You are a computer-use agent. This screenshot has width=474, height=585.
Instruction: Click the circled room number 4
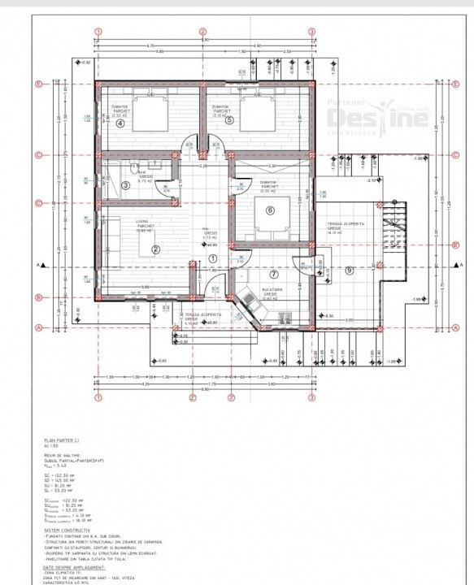click(x=120, y=123)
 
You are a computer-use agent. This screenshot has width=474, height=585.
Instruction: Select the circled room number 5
click(x=230, y=121)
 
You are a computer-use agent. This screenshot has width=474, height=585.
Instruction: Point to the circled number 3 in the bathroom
click(x=124, y=185)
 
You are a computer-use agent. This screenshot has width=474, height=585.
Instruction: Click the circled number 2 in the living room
click(x=155, y=249)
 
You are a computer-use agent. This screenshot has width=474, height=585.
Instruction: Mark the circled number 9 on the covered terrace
click(x=350, y=271)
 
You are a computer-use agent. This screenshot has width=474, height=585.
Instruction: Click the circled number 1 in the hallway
click(x=213, y=258)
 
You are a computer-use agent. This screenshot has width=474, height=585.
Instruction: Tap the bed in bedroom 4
click(x=147, y=106)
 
